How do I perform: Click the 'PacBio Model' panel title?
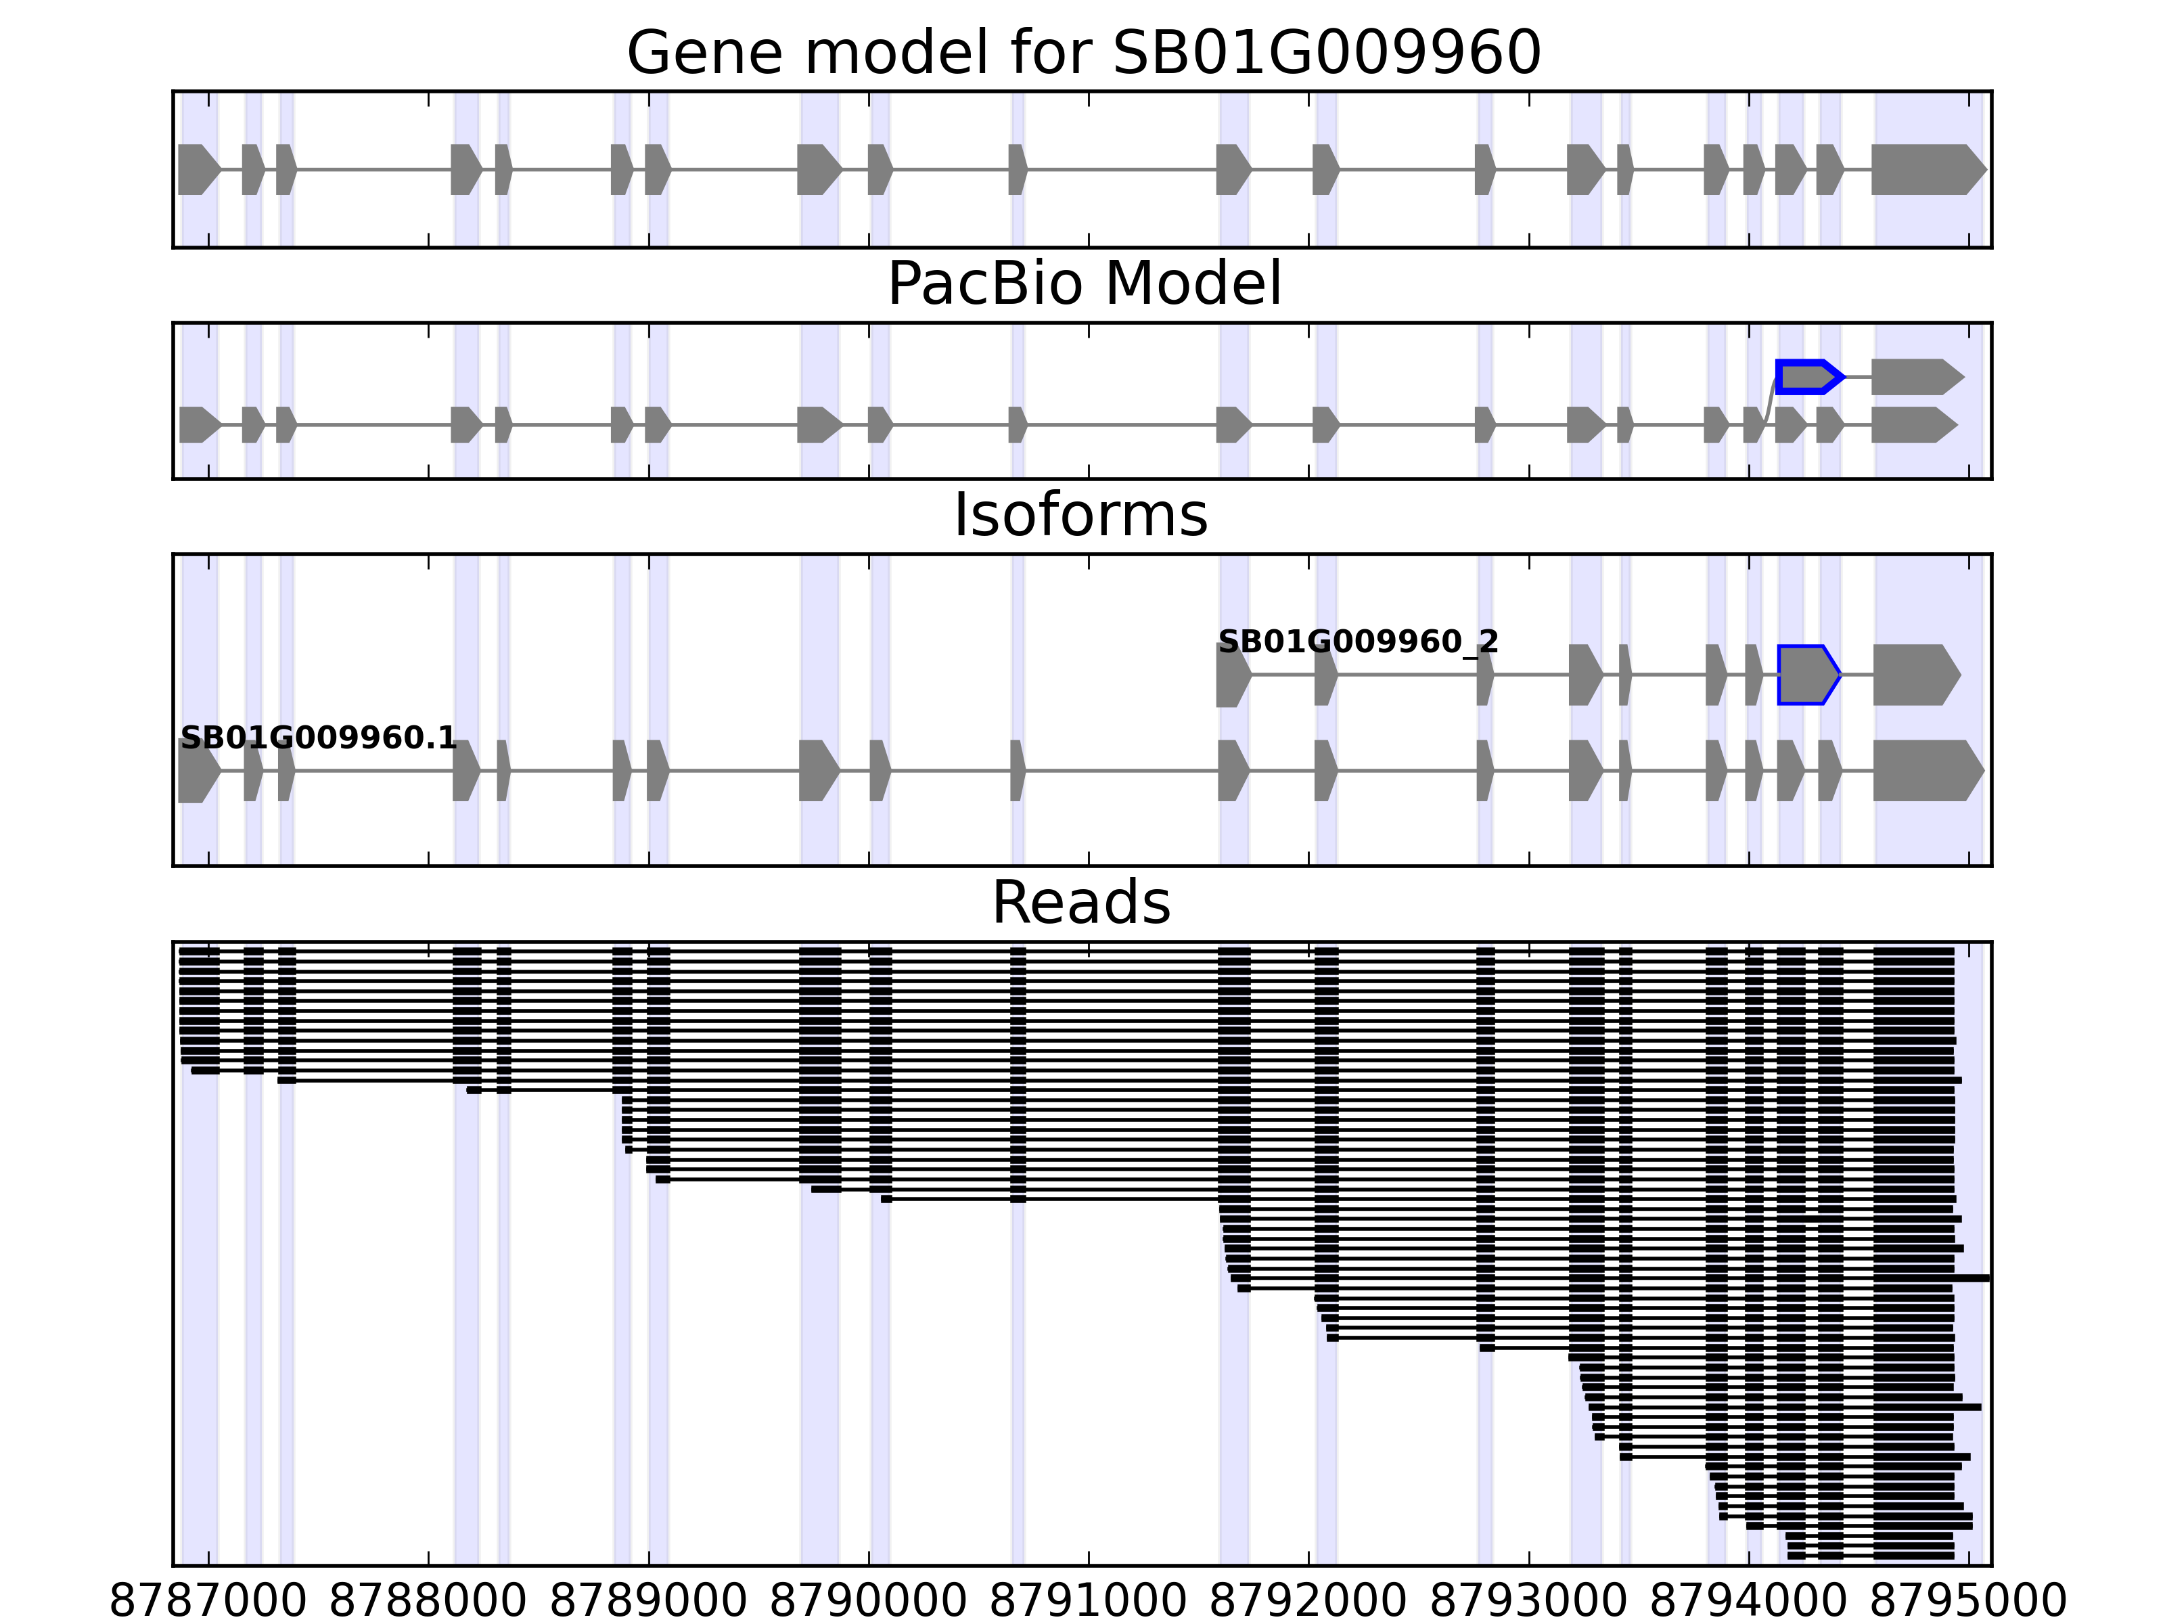(x=1083, y=284)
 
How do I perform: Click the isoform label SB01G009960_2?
(x=1358, y=642)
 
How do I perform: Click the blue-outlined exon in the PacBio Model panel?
(x=1808, y=377)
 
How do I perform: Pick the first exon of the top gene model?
(x=198, y=169)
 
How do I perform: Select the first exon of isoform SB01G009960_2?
(x=1232, y=675)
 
